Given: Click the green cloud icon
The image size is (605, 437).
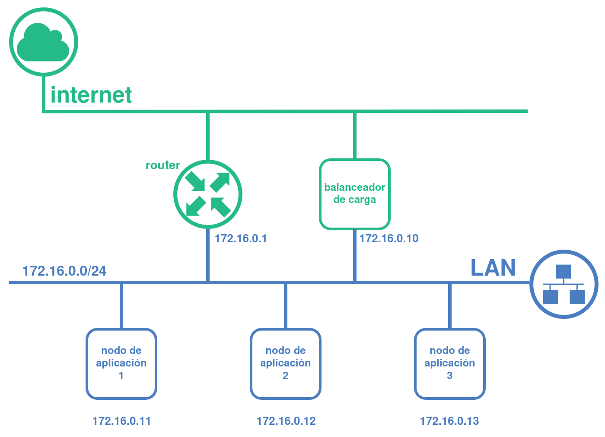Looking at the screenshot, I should (43, 42).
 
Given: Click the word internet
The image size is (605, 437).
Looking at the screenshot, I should (91, 95).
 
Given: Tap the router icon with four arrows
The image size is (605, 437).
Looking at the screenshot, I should (208, 194).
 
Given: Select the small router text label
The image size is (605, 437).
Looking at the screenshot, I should (162, 165).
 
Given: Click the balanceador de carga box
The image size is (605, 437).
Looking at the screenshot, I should (355, 194).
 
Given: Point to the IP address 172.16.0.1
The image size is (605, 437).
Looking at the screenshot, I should (241, 238).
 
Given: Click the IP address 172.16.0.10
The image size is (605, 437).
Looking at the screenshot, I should (389, 238).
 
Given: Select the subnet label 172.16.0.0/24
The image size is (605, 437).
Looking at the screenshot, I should (64, 271).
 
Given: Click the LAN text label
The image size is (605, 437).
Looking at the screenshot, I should (493, 268).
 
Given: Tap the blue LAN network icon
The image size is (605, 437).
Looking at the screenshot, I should (564, 284).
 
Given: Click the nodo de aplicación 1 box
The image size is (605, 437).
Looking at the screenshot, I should (121, 363).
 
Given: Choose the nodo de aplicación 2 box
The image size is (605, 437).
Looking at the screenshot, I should (286, 363).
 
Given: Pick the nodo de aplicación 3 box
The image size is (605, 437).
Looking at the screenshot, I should (450, 363).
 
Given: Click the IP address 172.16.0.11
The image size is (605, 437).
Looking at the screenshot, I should (122, 421).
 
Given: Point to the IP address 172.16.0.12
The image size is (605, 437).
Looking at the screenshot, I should (286, 421).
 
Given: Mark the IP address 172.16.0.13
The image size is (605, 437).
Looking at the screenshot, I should (449, 421).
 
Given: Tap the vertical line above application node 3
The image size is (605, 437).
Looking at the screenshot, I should (450, 305).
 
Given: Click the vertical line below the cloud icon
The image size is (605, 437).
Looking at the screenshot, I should (44, 93).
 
